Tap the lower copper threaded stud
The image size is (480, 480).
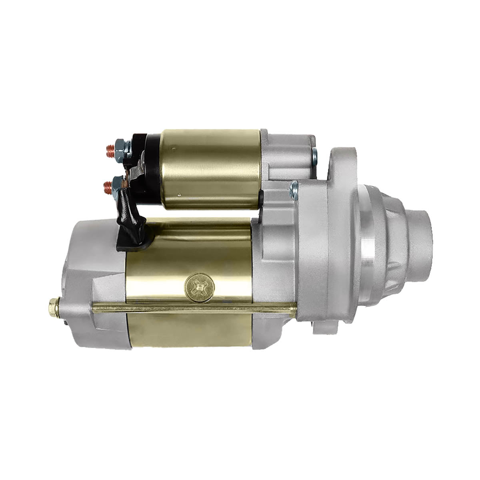[x=108, y=186]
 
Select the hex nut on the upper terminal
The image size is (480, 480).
[x=120, y=148]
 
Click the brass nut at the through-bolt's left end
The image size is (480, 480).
[x=53, y=307]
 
